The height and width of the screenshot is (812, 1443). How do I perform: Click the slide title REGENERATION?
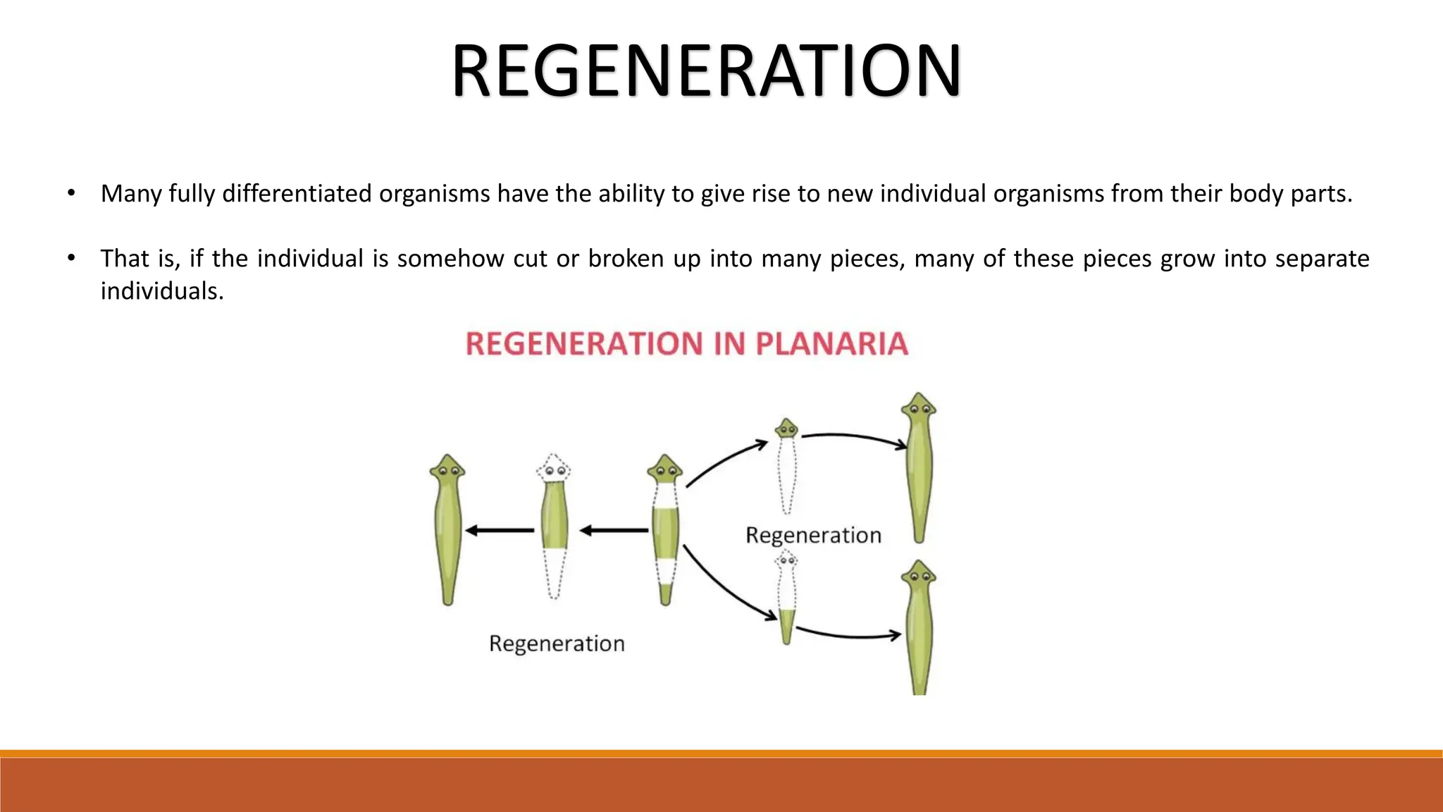[x=706, y=70]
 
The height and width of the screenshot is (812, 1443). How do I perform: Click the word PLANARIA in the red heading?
[x=831, y=344]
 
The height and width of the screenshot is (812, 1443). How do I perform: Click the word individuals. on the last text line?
[x=162, y=291]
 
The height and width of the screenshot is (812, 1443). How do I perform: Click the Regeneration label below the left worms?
[x=557, y=644]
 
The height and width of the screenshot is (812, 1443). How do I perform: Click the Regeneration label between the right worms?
[x=813, y=536]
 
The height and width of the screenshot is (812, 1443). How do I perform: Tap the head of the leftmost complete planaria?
[x=447, y=469]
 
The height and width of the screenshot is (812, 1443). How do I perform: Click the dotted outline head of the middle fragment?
[x=553, y=469]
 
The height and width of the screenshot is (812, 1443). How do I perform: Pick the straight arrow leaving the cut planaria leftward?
[x=614, y=530]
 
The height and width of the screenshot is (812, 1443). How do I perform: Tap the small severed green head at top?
[x=786, y=429]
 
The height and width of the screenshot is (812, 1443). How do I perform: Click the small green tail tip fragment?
[x=786, y=625]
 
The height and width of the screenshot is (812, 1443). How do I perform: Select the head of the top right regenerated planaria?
[x=919, y=407]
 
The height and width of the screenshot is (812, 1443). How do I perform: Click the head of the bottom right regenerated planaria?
[x=919, y=574]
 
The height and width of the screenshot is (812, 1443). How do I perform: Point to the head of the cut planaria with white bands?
[x=664, y=469]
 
